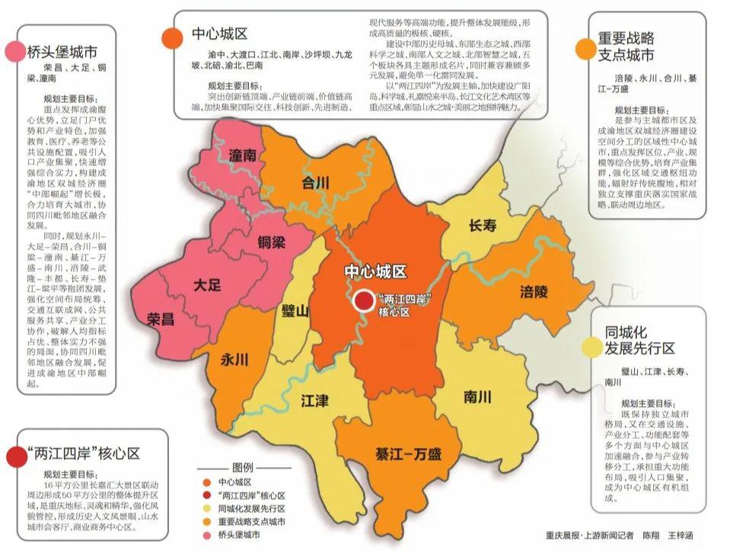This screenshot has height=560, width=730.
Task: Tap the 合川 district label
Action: click(315, 183)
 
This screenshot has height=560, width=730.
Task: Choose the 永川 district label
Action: click(235, 360)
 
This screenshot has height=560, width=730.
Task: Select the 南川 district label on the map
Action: click(477, 397)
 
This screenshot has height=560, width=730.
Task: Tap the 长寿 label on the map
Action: click(483, 226)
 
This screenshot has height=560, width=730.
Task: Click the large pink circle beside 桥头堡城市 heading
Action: click(13, 52)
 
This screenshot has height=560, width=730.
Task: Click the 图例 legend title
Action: click(242, 467)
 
